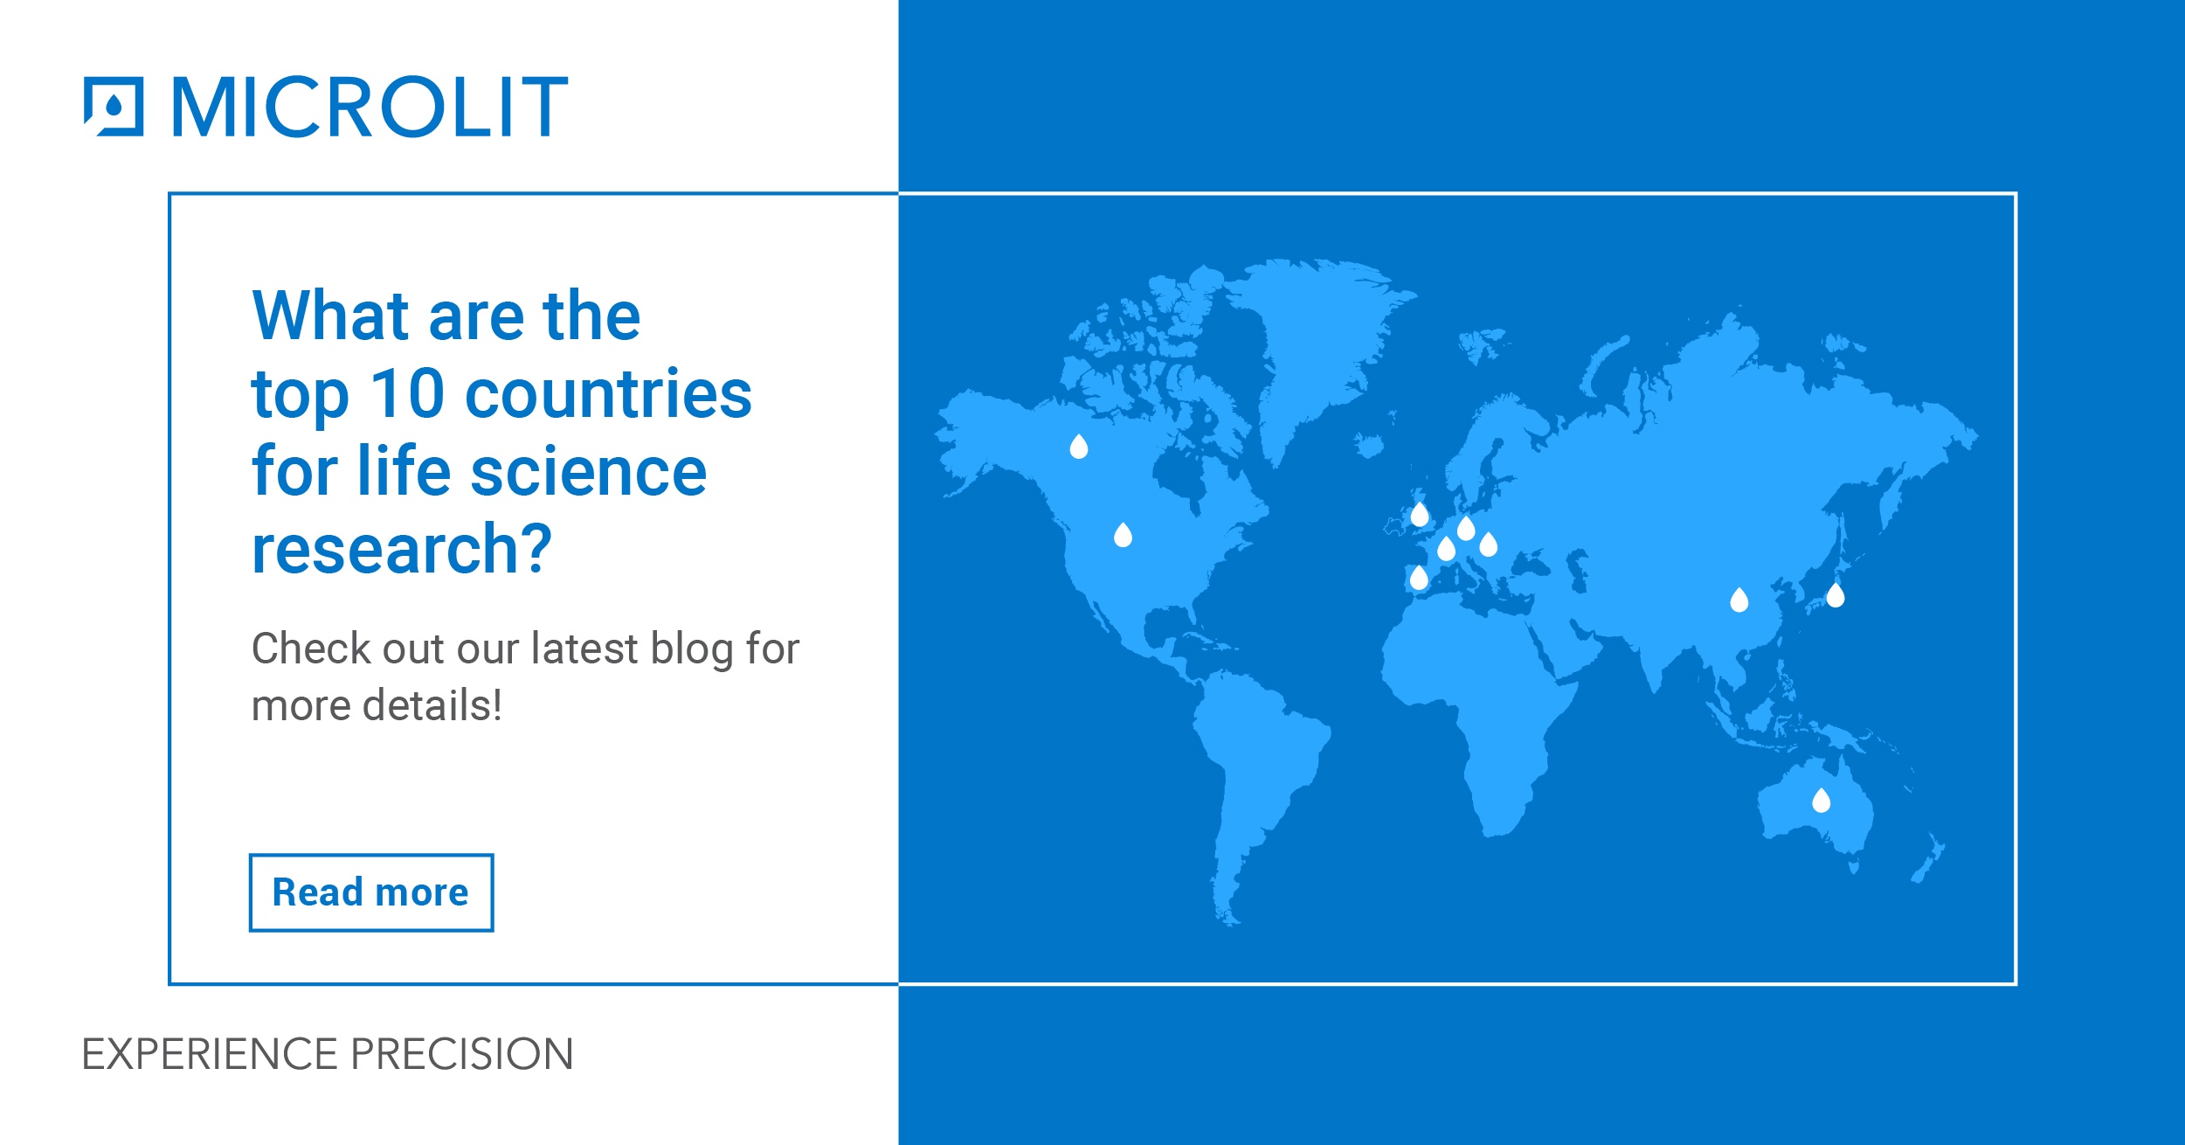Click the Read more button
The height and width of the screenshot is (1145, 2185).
[371, 892]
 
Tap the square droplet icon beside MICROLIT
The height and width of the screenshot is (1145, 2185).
[114, 107]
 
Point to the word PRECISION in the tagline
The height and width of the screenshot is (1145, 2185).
[462, 1054]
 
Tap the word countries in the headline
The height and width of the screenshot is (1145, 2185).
[608, 394]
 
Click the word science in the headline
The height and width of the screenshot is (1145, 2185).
[589, 471]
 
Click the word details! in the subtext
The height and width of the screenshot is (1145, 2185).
[432, 705]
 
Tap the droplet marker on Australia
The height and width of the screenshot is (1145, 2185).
[1821, 800]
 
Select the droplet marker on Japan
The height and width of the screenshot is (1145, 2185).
[1836, 595]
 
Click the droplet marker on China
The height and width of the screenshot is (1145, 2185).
[1739, 600]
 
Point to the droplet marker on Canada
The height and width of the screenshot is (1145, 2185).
[1079, 447]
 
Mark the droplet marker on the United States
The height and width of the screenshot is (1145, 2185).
[1124, 535]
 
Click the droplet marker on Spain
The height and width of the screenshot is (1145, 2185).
[1419, 578]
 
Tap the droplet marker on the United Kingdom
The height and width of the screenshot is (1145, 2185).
[1420, 514]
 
